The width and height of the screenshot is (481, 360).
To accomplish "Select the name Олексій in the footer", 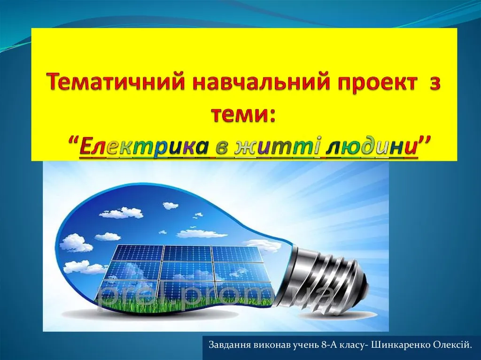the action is pos(452,345).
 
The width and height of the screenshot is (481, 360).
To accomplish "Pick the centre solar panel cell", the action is pos(187,271).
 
